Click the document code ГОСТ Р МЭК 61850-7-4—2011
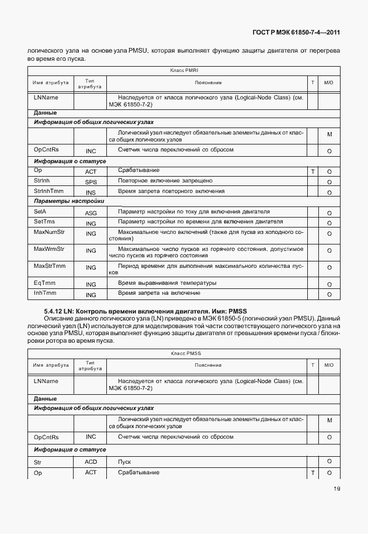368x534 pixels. pos(297,33)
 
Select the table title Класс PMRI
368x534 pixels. pos(185,70)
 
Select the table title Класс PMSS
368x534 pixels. pos(186,353)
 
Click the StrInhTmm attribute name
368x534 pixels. pos(50,191)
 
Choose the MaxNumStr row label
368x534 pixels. pos(49,233)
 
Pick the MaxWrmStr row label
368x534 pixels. pos(49,250)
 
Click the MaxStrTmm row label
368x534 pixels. pos(50,267)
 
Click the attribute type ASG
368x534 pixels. pos(91,213)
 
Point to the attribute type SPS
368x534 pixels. pos(91,182)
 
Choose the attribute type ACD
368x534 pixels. pos(91,462)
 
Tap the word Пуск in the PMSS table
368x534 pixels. pos(124,462)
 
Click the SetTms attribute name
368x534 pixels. pos(44,222)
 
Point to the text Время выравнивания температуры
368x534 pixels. pos(167,283)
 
